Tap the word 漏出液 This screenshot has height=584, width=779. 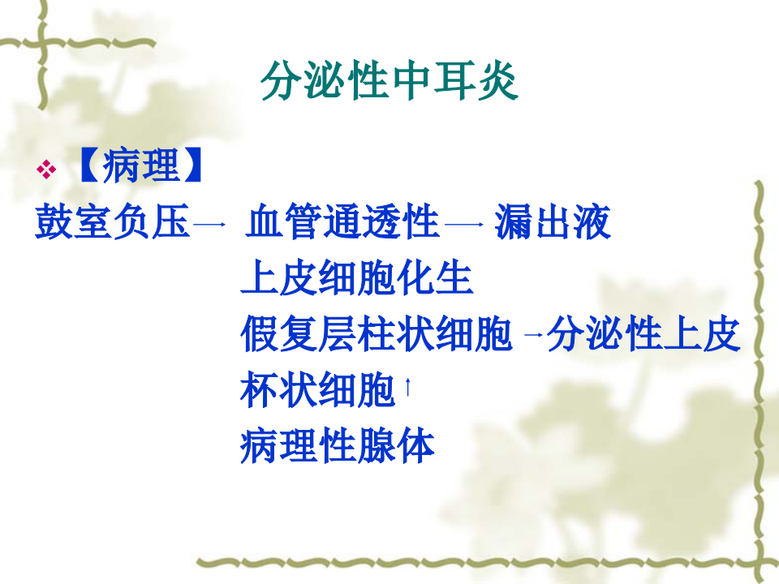tap(552, 222)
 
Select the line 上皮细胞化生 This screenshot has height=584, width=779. tap(357, 279)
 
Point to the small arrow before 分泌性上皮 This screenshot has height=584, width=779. tap(533, 337)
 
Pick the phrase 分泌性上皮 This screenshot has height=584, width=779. tap(643, 335)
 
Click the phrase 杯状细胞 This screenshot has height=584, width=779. tap(317, 391)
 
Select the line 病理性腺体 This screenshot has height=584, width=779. tap(338, 446)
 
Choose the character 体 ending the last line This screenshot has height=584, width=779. tap(415, 446)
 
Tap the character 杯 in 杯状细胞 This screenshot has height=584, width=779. tap(259, 391)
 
